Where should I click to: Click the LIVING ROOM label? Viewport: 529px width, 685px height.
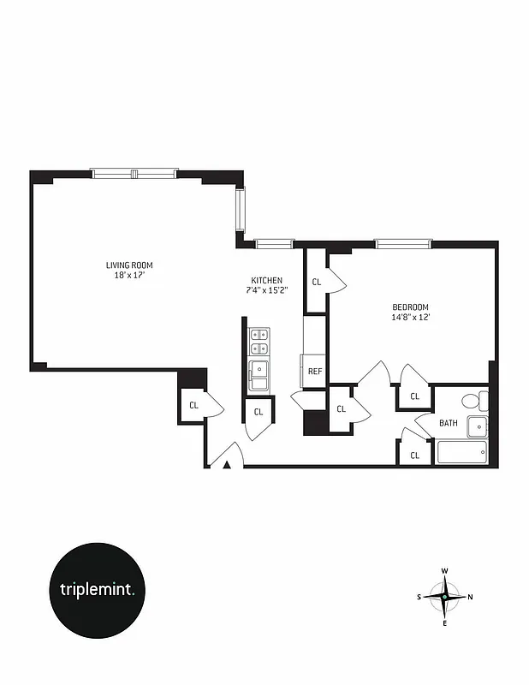[x=129, y=265]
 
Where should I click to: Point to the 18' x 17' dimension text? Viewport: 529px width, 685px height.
[x=129, y=276]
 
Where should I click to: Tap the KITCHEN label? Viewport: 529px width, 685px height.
[x=266, y=281]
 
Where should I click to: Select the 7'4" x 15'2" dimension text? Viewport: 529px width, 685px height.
[x=266, y=290]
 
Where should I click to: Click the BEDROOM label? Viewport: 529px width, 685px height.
[x=410, y=307]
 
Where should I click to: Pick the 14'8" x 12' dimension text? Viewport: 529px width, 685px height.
[x=410, y=318]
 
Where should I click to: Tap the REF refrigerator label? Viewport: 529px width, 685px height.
[x=314, y=372]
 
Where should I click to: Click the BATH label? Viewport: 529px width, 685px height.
[x=449, y=423]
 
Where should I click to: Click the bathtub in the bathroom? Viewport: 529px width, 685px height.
[x=462, y=451]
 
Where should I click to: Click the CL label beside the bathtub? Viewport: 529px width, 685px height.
[x=414, y=456]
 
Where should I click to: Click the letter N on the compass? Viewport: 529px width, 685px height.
[x=471, y=597]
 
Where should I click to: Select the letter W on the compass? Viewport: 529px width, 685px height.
[x=445, y=571]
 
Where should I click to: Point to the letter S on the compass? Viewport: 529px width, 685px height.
[x=419, y=597]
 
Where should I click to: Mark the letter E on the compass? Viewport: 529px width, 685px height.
[x=445, y=622]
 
